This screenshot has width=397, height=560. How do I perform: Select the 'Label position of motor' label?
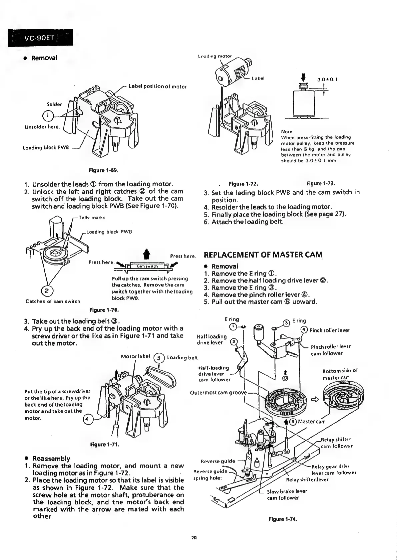tap(157, 87)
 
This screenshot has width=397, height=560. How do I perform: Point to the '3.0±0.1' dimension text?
tap(327, 80)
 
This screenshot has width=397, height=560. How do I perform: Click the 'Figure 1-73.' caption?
tap(321, 183)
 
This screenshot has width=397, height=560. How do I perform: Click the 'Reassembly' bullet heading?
tap(51, 458)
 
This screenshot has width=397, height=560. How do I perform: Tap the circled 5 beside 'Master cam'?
tap(293, 422)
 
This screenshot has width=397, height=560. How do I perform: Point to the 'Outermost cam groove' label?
tap(218, 392)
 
